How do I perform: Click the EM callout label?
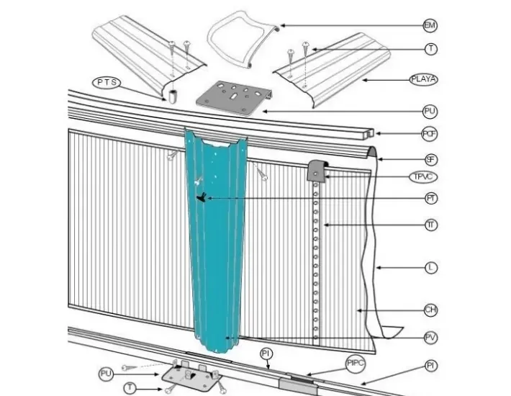click(x=430, y=25)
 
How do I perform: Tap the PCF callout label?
click(x=430, y=133)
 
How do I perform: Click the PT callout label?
click(x=430, y=197)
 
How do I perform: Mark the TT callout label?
click(x=430, y=226)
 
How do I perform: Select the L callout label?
click(x=430, y=268)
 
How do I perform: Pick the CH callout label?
click(x=430, y=310)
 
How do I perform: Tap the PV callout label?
click(x=430, y=336)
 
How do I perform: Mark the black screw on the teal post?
click(x=202, y=196)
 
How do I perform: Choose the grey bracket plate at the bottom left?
click(x=191, y=374)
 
